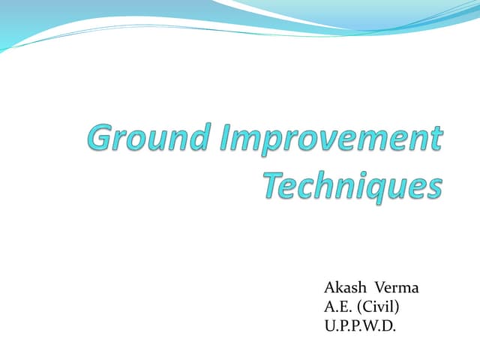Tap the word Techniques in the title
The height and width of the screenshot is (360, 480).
click(352, 185)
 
